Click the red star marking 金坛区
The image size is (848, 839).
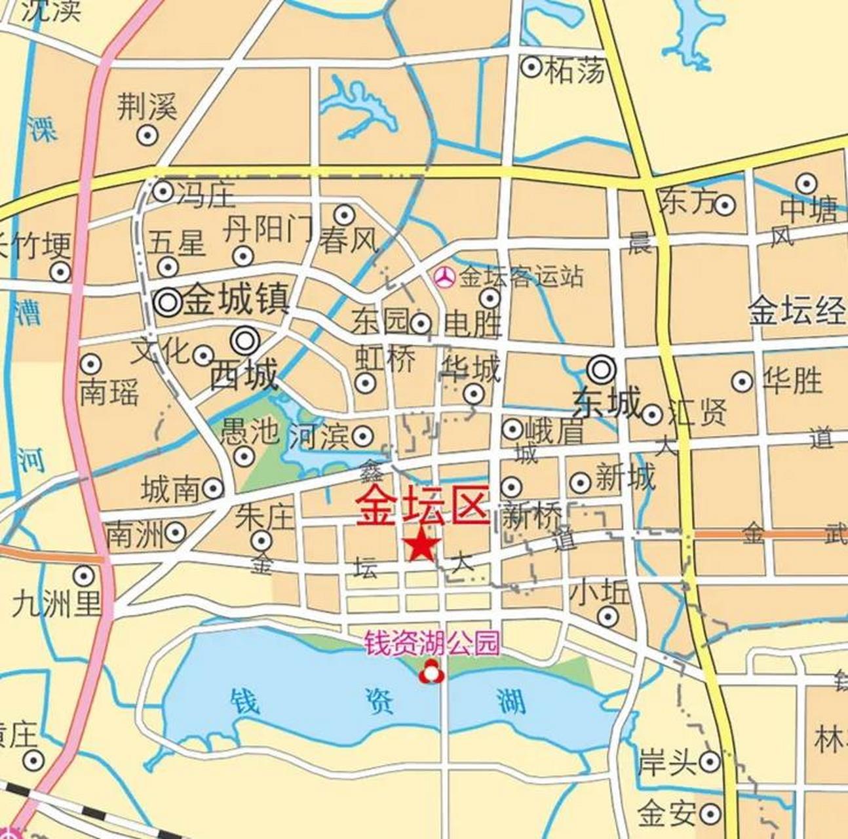(x=422, y=546)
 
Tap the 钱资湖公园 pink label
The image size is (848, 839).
(x=431, y=643)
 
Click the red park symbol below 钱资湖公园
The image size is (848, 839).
(x=431, y=673)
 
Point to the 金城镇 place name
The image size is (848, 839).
(x=235, y=301)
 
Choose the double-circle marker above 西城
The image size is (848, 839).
(x=246, y=340)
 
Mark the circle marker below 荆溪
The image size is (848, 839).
(x=147, y=136)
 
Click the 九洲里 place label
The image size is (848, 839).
(x=57, y=604)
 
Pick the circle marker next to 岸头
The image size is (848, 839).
(x=710, y=762)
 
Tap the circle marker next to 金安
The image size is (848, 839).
(x=710, y=814)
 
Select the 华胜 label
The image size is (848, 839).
(x=792, y=380)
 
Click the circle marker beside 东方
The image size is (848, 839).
(x=724, y=205)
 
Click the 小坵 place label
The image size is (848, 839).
(x=600, y=592)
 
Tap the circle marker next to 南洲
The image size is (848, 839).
(x=175, y=533)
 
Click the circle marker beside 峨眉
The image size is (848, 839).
(x=512, y=429)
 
